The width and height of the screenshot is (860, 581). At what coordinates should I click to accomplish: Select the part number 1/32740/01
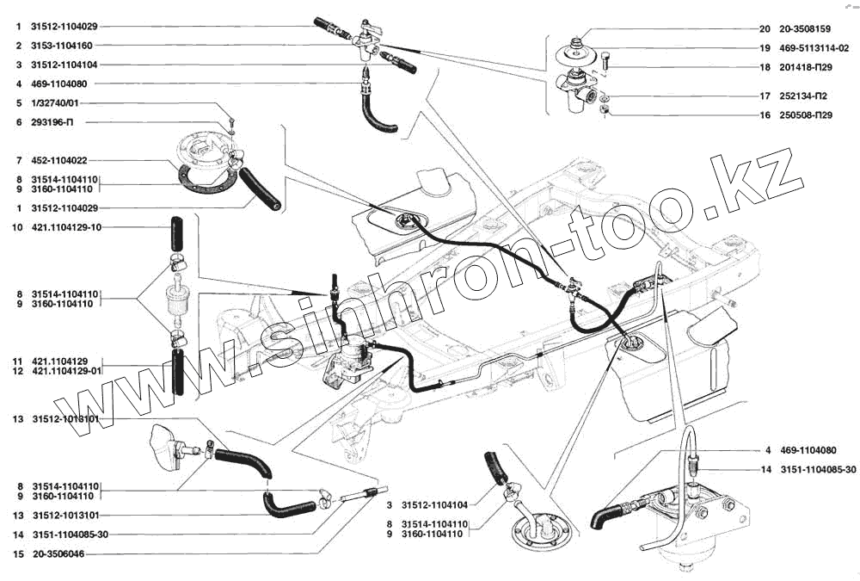(53, 103)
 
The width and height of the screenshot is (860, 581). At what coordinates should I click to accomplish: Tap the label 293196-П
(49, 122)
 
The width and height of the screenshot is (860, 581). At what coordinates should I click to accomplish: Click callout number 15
(16, 554)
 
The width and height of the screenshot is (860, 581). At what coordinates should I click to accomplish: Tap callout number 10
(16, 228)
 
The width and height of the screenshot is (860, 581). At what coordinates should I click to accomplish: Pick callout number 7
(16, 161)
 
